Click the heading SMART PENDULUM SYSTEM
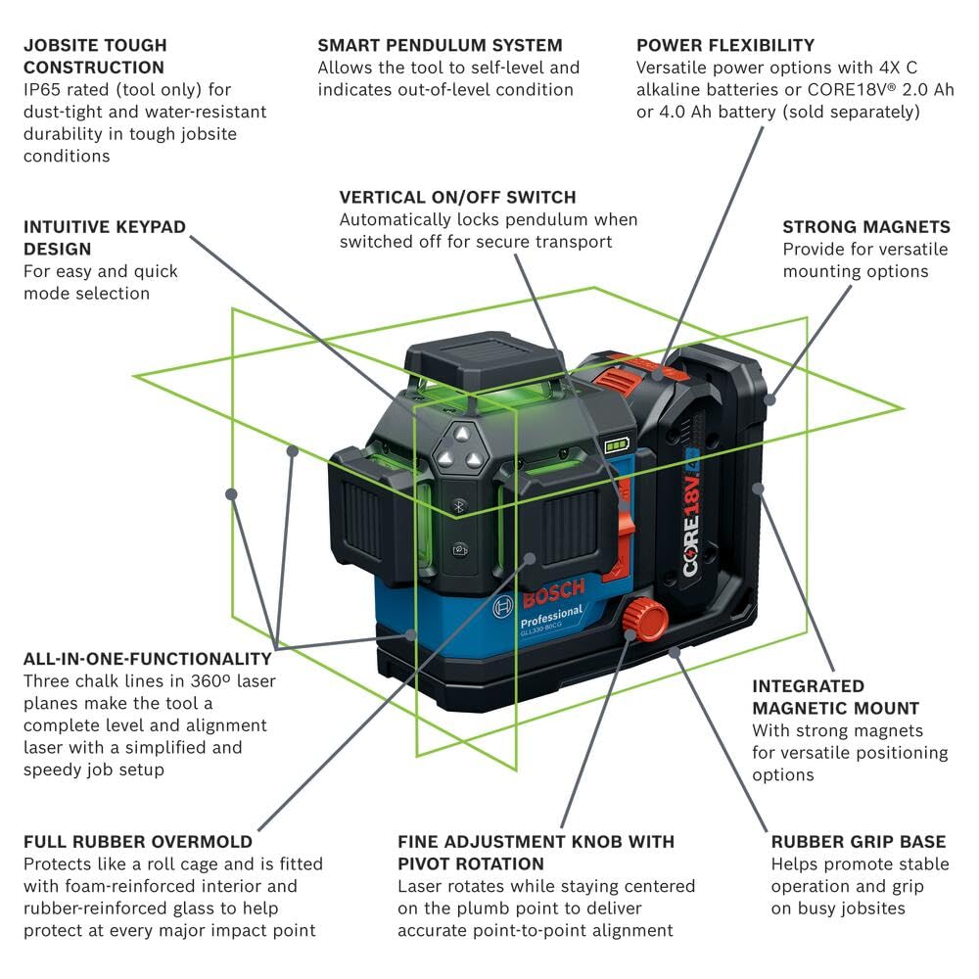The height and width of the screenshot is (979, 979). (x=440, y=45)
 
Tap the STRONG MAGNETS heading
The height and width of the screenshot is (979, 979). (x=865, y=227)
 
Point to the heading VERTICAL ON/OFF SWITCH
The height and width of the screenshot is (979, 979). (x=457, y=197)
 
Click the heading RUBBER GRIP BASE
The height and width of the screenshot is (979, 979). (x=859, y=842)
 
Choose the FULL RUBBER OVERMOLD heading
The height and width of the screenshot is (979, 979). (x=138, y=842)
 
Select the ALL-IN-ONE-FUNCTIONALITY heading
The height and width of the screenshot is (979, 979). (x=148, y=659)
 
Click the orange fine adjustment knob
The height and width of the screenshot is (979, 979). (x=644, y=619)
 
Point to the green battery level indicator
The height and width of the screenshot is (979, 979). (x=618, y=445)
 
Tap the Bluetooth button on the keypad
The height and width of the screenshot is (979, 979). (x=457, y=506)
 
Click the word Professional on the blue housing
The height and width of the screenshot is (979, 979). (x=550, y=618)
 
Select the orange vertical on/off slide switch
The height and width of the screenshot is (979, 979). (x=618, y=534)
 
